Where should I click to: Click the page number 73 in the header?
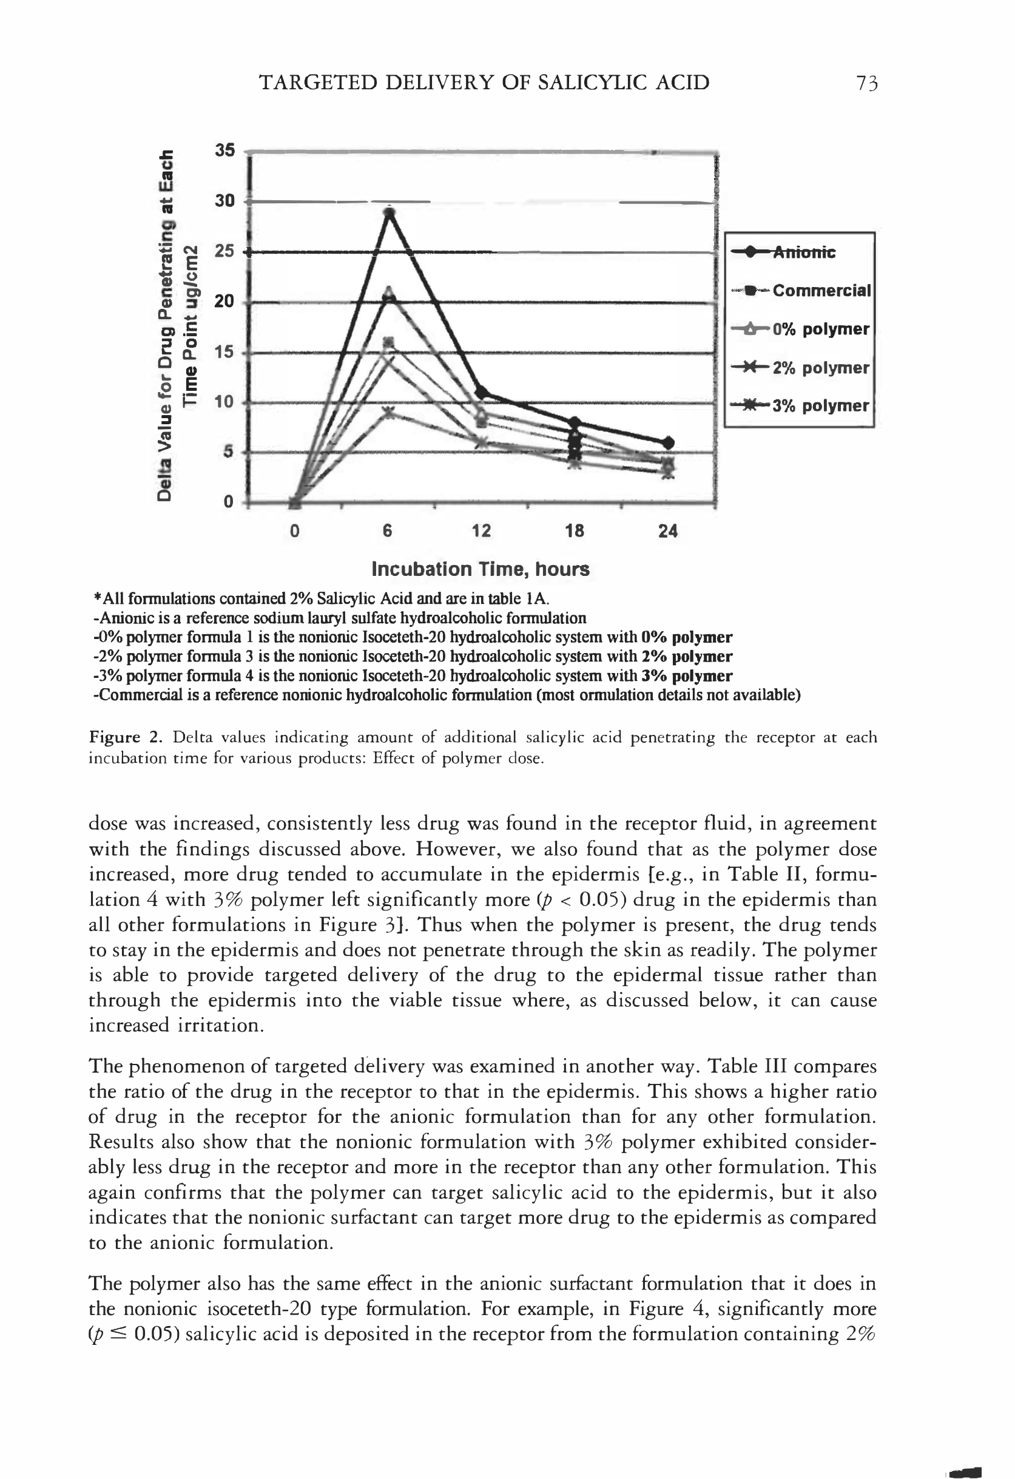[x=867, y=83]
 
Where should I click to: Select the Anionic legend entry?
[x=804, y=252]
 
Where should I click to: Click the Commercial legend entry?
[x=821, y=291]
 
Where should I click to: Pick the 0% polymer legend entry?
[x=820, y=330]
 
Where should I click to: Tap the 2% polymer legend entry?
[x=820, y=368]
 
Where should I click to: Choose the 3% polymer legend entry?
[x=820, y=406]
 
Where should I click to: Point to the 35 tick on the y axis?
[x=224, y=151]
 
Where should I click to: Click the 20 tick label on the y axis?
[x=224, y=302]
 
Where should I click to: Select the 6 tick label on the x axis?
[x=388, y=531]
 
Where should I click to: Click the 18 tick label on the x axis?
[x=575, y=531]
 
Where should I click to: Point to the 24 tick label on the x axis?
[x=667, y=531]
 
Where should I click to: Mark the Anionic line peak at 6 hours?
[x=390, y=212]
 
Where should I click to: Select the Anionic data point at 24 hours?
[x=667, y=442]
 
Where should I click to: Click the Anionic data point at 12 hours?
[x=482, y=392]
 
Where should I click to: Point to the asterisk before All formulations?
[x=97, y=598]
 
